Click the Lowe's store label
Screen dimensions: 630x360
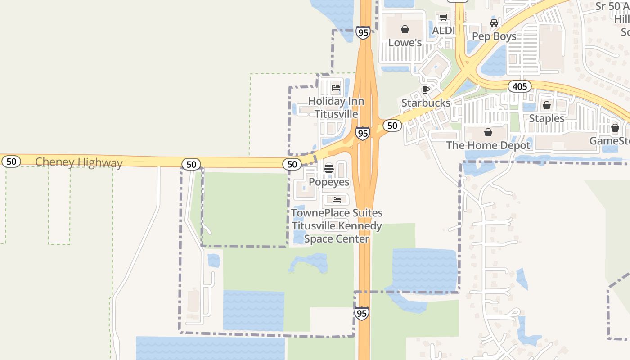pos(405,43)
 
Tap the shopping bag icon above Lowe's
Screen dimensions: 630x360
pos(405,29)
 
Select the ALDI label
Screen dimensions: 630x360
pos(443,31)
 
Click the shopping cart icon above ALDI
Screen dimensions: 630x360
pos(443,18)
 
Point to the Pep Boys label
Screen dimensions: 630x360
pos(494,36)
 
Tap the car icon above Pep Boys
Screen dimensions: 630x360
pos(494,23)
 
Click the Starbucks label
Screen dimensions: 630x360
pos(426,103)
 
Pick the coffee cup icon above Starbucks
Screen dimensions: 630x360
pos(426,90)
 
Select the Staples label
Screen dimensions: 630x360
pos(547,118)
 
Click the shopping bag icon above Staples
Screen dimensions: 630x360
pos(547,105)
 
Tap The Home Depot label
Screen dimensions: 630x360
pos(488,145)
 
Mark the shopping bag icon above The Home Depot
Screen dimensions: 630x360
pos(488,132)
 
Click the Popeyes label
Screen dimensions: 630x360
pos(329,182)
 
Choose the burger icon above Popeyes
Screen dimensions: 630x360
pos(329,169)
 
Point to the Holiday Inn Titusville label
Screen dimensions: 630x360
pos(336,108)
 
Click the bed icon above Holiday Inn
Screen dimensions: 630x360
pos(336,87)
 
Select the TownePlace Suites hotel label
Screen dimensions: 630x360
pos(337,226)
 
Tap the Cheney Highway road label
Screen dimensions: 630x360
pos(79,162)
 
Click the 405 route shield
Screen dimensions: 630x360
pos(520,86)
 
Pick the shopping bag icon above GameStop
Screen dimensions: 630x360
pos(615,128)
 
